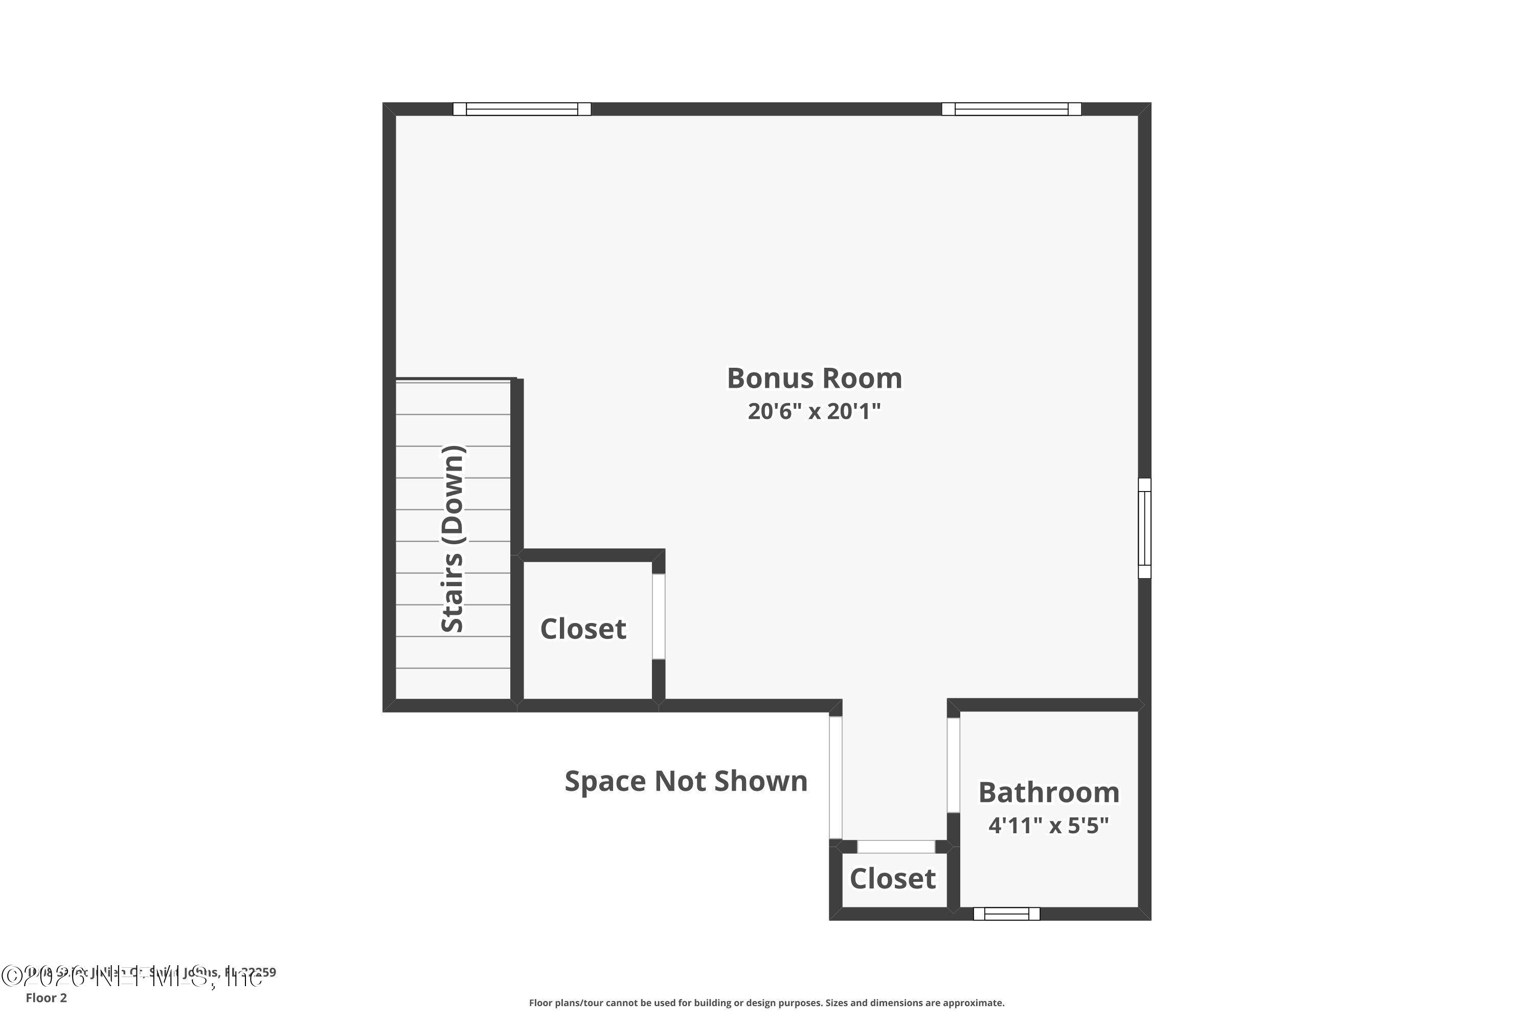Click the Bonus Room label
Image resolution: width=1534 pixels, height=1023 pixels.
click(814, 379)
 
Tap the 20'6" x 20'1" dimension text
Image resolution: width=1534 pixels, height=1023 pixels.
click(814, 412)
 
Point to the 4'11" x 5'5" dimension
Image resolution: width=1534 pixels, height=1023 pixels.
click(1049, 826)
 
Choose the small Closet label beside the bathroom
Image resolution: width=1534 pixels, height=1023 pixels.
click(892, 879)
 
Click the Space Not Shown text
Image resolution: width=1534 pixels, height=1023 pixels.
click(686, 781)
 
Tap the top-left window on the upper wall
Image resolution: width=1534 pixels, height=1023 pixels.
click(522, 109)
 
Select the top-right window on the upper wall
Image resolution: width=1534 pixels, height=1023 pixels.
click(1011, 109)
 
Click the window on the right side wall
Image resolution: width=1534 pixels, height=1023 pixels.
click(1145, 528)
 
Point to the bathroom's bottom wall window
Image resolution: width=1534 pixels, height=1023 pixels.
click(1006, 914)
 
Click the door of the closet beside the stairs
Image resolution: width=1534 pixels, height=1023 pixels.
click(659, 616)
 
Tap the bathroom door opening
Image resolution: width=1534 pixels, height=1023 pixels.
click(953, 765)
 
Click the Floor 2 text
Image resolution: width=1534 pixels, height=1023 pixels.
click(47, 997)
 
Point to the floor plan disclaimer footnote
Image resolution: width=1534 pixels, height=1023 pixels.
click(766, 1003)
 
